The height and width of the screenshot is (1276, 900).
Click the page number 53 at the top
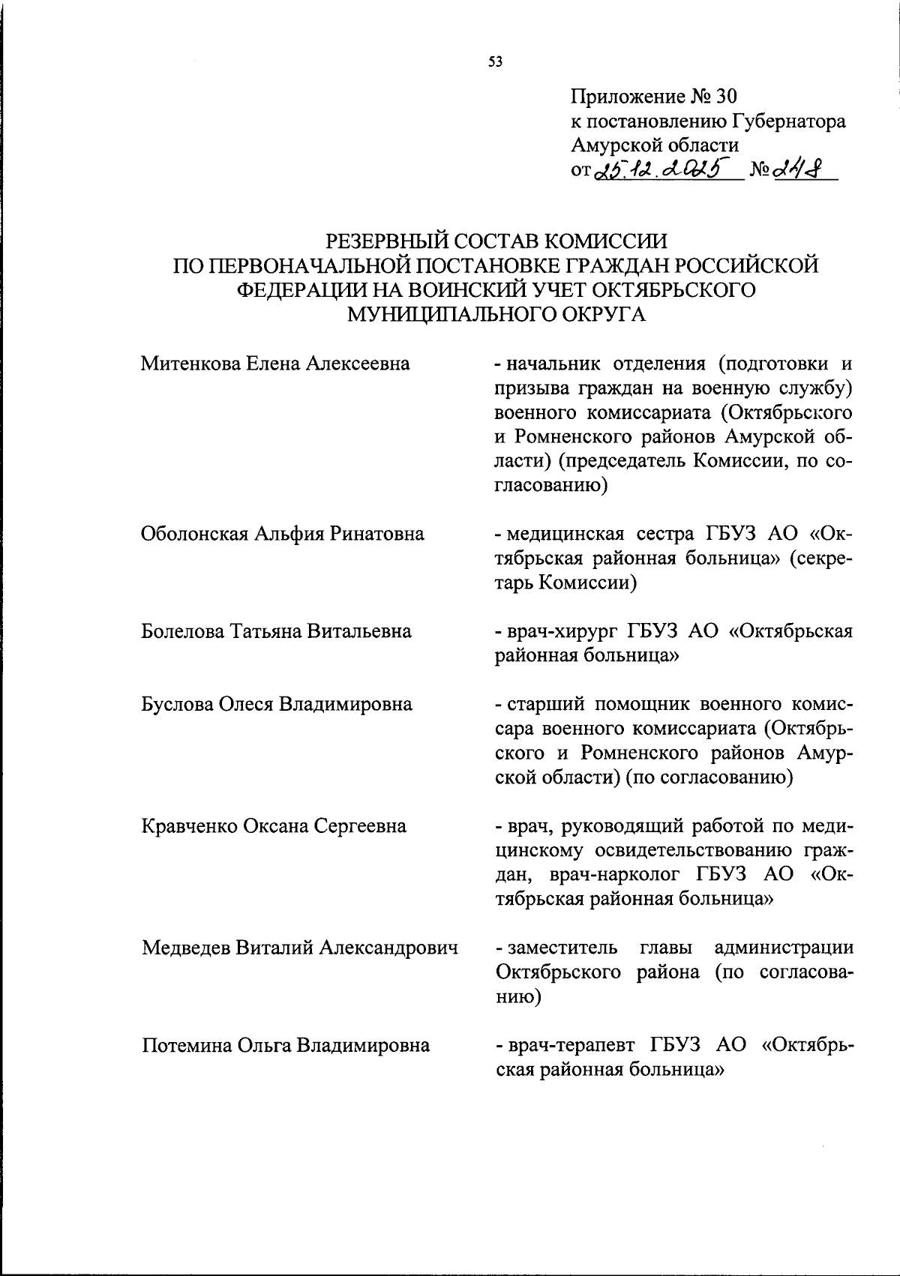click(x=495, y=62)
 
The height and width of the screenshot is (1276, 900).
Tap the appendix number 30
click(x=727, y=97)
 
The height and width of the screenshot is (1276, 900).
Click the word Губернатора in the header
click(x=785, y=121)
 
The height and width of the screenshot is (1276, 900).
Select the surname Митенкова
click(x=189, y=364)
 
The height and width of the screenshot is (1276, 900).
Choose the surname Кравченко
click(x=189, y=826)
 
